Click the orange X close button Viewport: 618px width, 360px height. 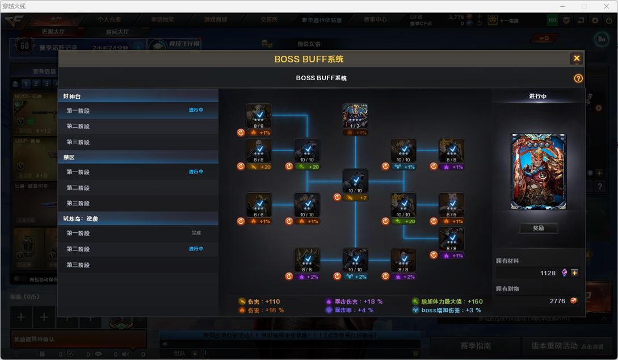[x=577, y=58]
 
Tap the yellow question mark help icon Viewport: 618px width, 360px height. [x=578, y=78]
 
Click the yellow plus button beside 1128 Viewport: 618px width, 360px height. [x=575, y=273]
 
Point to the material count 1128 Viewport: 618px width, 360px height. [x=548, y=273]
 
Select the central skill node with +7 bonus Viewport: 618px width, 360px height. [x=355, y=182]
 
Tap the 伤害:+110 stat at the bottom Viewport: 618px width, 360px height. [x=259, y=302]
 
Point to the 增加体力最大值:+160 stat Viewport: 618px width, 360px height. [x=448, y=302]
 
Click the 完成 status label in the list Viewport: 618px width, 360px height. [x=196, y=233]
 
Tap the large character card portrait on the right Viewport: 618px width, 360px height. [x=538, y=171]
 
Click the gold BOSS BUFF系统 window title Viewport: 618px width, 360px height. [x=309, y=59]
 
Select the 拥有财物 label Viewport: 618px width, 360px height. [x=507, y=289]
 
